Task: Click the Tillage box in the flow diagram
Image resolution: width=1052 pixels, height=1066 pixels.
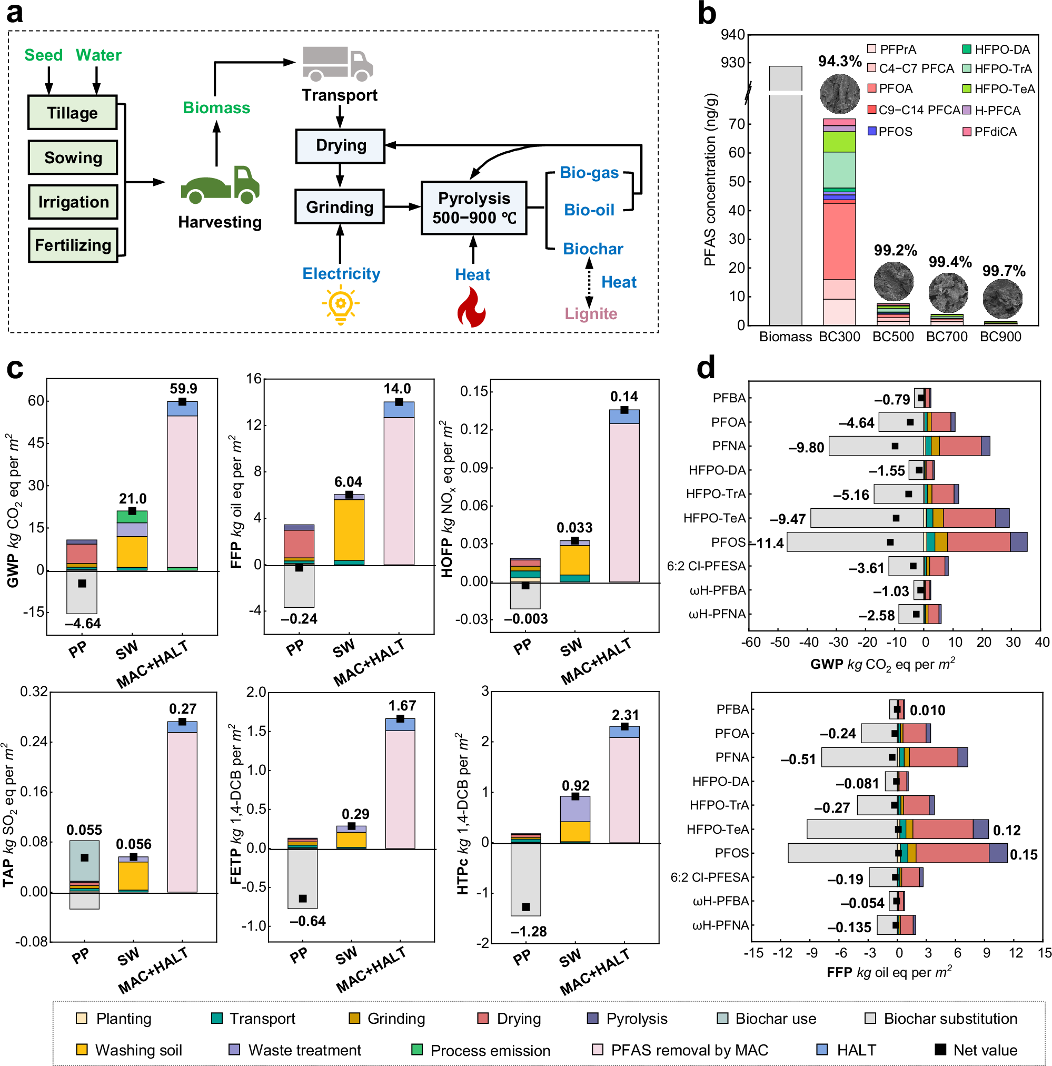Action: coord(72,113)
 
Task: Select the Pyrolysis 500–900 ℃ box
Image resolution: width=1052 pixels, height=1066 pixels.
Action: coord(473,208)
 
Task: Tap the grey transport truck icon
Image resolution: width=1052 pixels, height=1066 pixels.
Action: coord(337,63)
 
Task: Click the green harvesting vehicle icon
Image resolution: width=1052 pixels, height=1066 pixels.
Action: coord(220,185)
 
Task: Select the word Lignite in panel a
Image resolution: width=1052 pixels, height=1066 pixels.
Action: coord(590,313)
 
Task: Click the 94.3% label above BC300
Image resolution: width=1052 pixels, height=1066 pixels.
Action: coord(839,61)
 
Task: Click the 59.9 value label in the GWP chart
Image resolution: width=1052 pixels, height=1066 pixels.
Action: coord(183,389)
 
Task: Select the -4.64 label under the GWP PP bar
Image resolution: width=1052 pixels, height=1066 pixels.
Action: coord(83,624)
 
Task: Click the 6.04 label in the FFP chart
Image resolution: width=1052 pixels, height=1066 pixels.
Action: coord(348,482)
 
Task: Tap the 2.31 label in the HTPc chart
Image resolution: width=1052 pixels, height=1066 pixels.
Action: coord(625,715)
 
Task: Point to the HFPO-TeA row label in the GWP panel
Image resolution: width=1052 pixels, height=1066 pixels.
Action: coord(714,518)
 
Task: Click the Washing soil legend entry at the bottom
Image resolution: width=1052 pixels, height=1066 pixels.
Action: coord(138,1050)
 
